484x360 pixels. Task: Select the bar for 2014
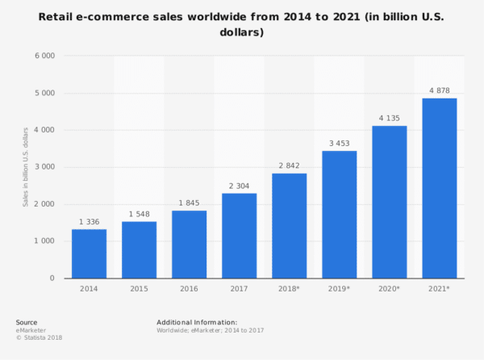coord(89,253)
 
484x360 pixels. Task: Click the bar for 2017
coord(239,235)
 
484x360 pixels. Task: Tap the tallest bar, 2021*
coord(439,187)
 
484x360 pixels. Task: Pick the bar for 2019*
coord(339,214)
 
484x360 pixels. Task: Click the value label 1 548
coord(139,214)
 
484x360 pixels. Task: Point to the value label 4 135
coord(389,118)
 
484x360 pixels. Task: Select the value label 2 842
coord(289,165)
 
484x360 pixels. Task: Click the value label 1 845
coord(189,203)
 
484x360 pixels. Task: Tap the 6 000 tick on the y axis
coord(44,56)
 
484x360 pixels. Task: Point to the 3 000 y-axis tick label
coord(44,167)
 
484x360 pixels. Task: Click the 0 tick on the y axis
coord(52,278)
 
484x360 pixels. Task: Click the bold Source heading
coord(27,322)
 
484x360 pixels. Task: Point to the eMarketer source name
coord(31,330)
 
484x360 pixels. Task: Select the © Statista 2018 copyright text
coord(39,337)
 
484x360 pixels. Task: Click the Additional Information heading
coord(197,322)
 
